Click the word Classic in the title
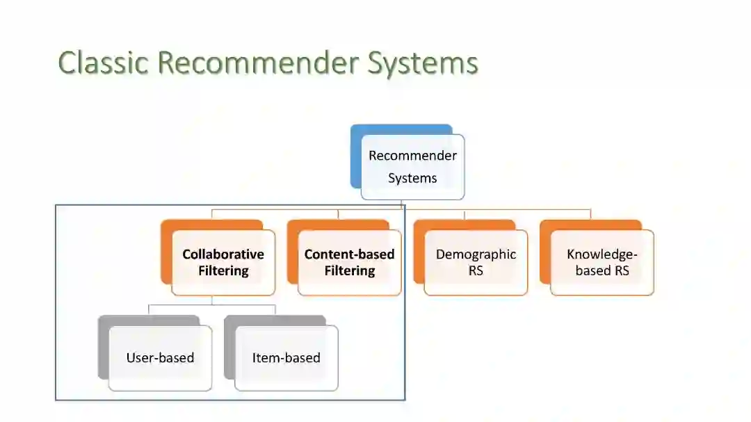[x=104, y=63]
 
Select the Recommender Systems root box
[x=412, y=167]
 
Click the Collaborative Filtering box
[x=223, y=263]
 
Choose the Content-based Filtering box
[x=349, y=263]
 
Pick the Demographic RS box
[x=476, y=263]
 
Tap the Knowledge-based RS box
[x=602, y=263]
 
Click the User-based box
[x=160, y=358]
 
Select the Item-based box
[x=286, y=358]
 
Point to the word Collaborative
[x=223, y=254]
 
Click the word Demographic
[x=476, y=254]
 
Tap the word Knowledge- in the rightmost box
[x=602, y=254]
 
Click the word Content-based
[x=349, y=254]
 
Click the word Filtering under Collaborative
[x=223, y=271]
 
